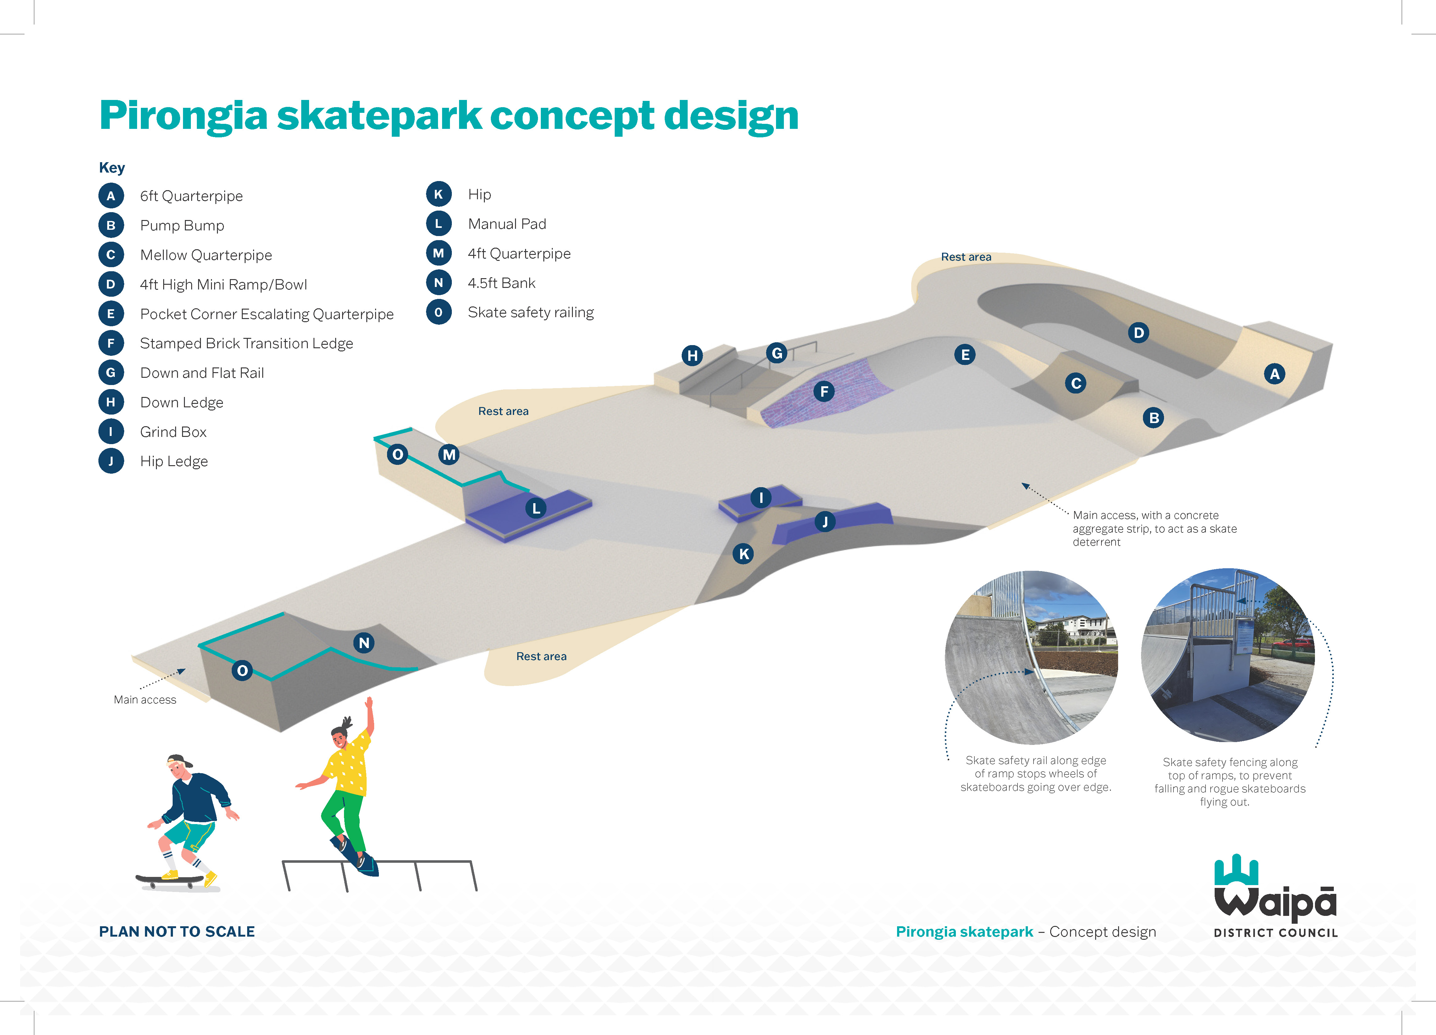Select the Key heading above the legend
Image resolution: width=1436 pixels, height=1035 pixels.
pyautogui.click(x=112, y=168)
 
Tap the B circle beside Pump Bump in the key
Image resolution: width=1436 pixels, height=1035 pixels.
pyautogui.click(x=111, y=225)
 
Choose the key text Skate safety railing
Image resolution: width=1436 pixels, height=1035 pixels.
pyautogui.click(x=530, y=313)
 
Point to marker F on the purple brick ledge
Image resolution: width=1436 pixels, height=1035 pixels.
pyautogui.click(x=824, y=391)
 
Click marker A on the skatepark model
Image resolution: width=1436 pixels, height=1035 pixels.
pyautogui.click(x=1275, y=373)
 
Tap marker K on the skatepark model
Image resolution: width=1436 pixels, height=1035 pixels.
pyautogui.click(x=743, y=554)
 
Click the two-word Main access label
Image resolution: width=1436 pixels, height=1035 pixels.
pyautogui.click(x=145, y=700)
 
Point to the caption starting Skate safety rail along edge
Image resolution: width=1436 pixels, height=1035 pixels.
pyautogui.click(x=1036, y=773)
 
